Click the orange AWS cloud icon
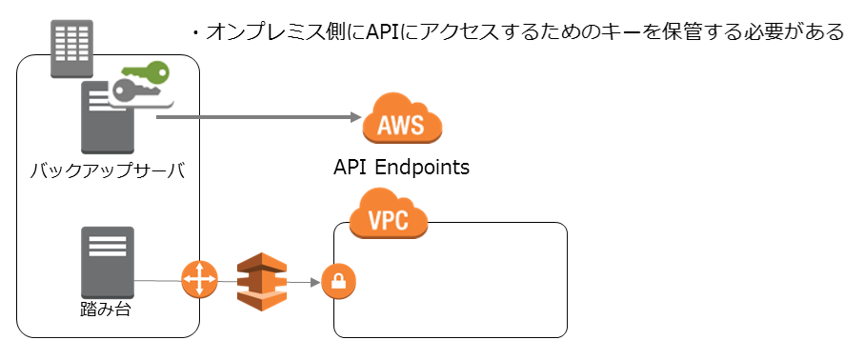tap(402, 121)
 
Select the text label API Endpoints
tap(401, 168)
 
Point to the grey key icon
tap(133, 92)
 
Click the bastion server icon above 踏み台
tap(108, 262)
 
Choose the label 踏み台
tap(107, 310)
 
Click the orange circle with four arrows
tap(200, 281)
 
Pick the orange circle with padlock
tap(338, 282)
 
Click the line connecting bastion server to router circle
tap(157, 281)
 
